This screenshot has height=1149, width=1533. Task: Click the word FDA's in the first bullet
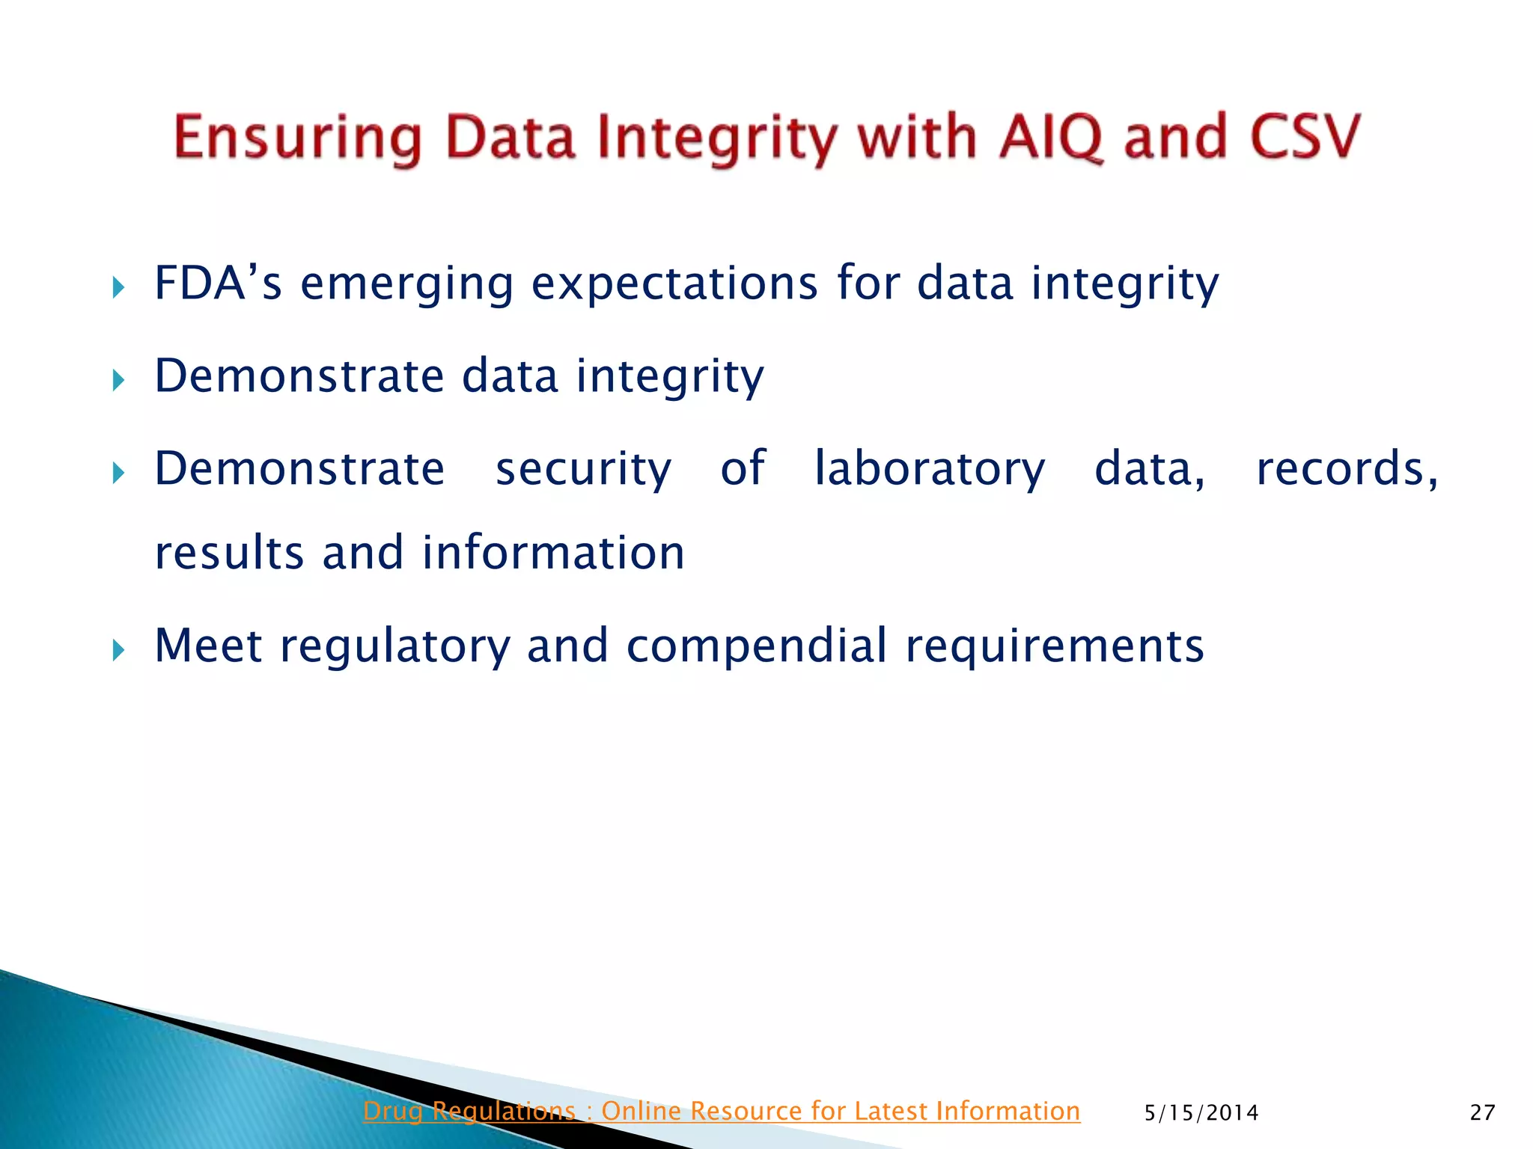218,284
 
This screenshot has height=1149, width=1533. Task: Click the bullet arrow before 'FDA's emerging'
118,287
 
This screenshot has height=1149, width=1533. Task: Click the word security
583,470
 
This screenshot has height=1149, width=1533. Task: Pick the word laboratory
929,470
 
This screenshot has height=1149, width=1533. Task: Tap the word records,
1347,470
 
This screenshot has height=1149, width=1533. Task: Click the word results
229,554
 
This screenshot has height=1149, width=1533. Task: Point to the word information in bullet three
553,554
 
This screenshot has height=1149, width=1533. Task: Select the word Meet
208,646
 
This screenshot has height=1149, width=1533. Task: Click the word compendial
756,646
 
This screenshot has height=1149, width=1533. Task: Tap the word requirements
1054,647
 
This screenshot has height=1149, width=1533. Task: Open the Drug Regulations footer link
721,1111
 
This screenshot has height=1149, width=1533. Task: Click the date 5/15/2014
1201,1113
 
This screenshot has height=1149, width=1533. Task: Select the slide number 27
1482,1113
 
